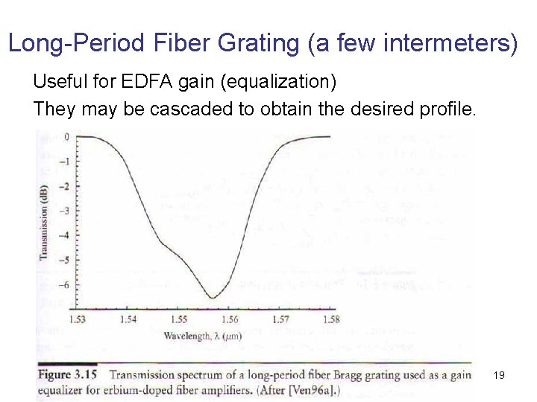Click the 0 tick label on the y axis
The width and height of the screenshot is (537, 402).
pyautogui.click(x=66, y=137)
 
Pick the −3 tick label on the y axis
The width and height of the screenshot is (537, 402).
pyautogui.click(x=64, y=211)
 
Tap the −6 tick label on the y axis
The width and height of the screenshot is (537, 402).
pyautogui.click(x=64, y=284)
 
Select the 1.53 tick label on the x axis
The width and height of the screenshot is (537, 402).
pyautogui.click(x=78, y=320)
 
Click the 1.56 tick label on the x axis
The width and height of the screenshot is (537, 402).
pyautogui.click(x=230, y=320)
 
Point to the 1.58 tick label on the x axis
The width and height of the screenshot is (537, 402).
pyautogui.click(x=331, y=320)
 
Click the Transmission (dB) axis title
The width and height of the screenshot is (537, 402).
pyautogui.click(x=44, y=217)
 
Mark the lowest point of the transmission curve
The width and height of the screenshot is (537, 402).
pyautogui.click(x=213, y=298)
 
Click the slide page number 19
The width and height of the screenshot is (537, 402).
pyautogui.click(x=499, y=375)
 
